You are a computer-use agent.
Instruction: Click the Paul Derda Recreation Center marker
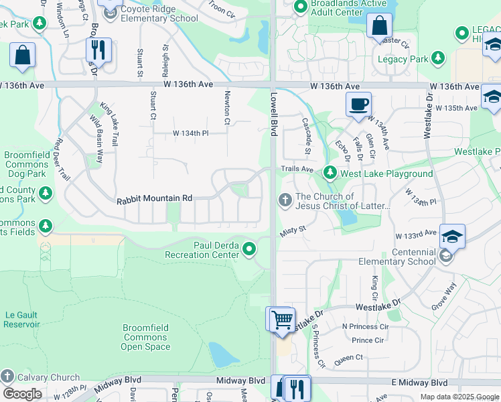coord(250,250)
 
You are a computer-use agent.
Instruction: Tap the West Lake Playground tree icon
coord(330,174)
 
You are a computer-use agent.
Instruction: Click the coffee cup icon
coord(358,105)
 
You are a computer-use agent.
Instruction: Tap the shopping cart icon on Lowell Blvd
coord(282,319)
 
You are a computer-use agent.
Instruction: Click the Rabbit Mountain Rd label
coord(154,199)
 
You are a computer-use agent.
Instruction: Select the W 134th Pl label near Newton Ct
coord(191,133)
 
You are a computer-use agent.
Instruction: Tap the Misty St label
coord(293,229)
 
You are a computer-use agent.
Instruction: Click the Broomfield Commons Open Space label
coord(146,338)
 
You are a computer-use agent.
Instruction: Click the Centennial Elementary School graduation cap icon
coord(452,237)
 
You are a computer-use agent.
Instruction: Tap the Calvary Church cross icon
coord(7,377)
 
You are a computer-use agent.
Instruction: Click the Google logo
coord(22,393)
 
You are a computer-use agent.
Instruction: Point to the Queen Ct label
coord(348,358)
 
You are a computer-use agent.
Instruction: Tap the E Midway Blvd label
coord(419,383)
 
